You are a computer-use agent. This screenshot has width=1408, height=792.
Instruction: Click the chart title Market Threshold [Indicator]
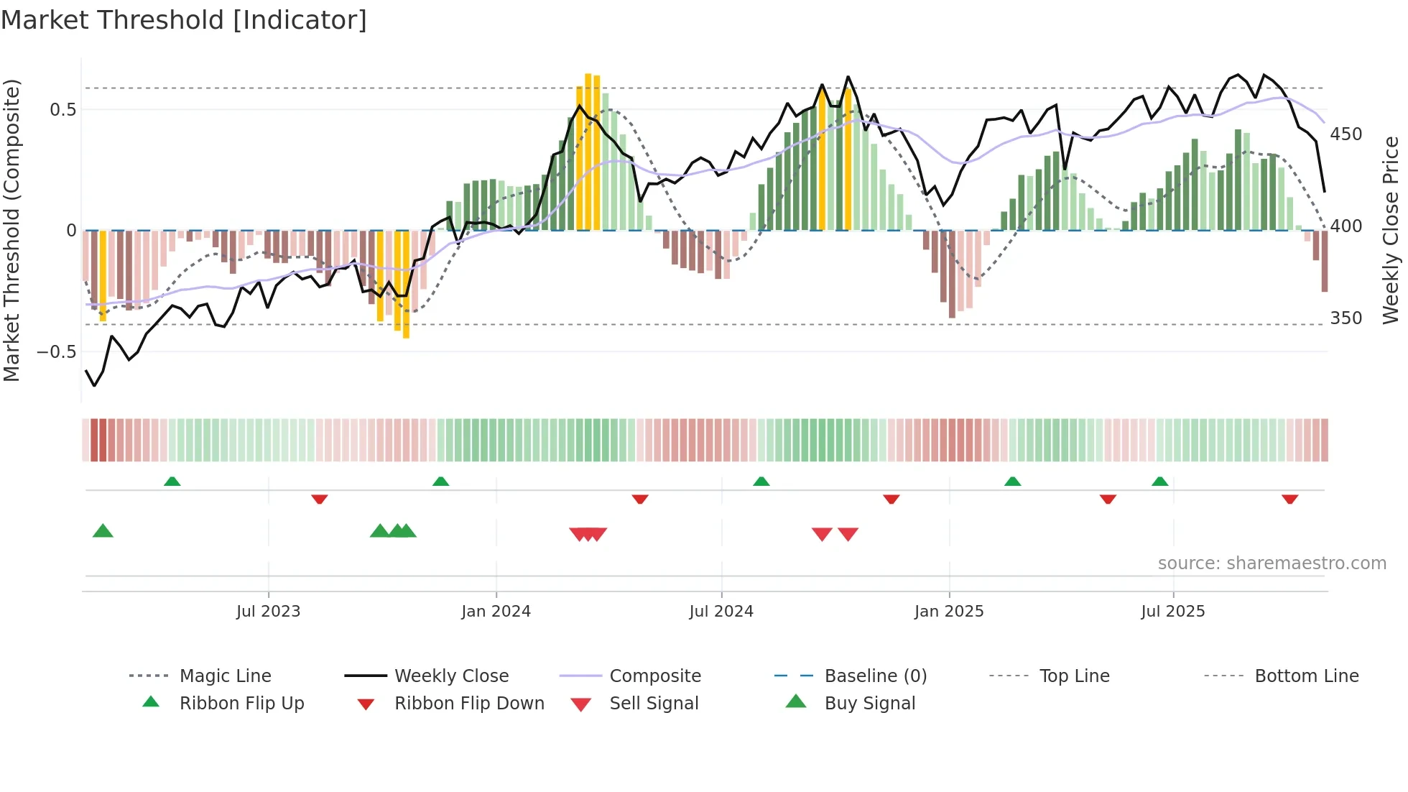(184, 20)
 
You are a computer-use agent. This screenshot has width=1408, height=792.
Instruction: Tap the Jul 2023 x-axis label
(268, 612)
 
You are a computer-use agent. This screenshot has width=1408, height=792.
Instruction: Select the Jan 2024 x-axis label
(496, 612)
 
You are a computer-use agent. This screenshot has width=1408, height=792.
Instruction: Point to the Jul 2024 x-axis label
(721, 612)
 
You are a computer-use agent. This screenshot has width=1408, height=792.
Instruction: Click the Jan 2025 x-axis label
(949, 612)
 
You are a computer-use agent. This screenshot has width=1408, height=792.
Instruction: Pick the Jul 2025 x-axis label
(1173, 612)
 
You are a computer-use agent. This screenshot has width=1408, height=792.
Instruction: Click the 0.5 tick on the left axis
(63, 109)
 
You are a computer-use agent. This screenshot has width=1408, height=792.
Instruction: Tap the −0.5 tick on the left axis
(57, 351)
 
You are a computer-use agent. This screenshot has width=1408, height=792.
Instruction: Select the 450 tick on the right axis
(1346, 134)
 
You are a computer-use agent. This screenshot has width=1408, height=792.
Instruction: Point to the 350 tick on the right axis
(1346, 318)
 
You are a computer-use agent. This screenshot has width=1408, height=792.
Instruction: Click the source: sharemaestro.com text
(1272, 563)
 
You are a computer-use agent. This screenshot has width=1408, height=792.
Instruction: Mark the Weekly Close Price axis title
(1391, 230)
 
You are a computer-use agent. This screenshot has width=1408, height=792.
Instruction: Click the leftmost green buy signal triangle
(103, 531)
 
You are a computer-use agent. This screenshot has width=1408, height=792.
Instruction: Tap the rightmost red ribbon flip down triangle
(1289, 499)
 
